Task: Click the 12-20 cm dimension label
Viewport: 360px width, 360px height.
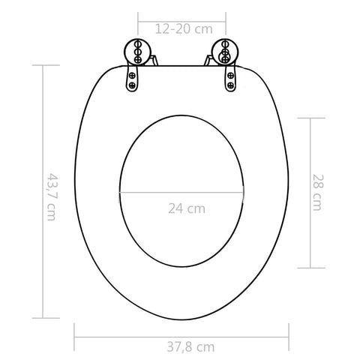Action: pyautogui.click(x=184, y=29)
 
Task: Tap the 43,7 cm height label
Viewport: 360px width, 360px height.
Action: pyautogui.click(x=52, y=197)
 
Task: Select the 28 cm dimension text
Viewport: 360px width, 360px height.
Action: pyautogui.click(x=318, y=193)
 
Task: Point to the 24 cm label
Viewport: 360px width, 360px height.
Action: pyautogui.click(x=187, y=208)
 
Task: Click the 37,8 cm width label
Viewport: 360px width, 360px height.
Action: pyautogui.click(x=190, y=347)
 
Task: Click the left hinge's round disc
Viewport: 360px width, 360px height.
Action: pyautogui.click(x=137, y=52)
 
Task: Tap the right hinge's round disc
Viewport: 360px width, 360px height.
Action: pyautogui.click(x=225, y=52)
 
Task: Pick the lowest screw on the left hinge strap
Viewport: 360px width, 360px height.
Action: pyautogui.click(x=132, y=85)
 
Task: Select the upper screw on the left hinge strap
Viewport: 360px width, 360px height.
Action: pyautogui.click(x=132, y=75)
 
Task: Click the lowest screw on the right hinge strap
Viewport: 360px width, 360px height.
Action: pyautogui.click(x=231, y=85)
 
